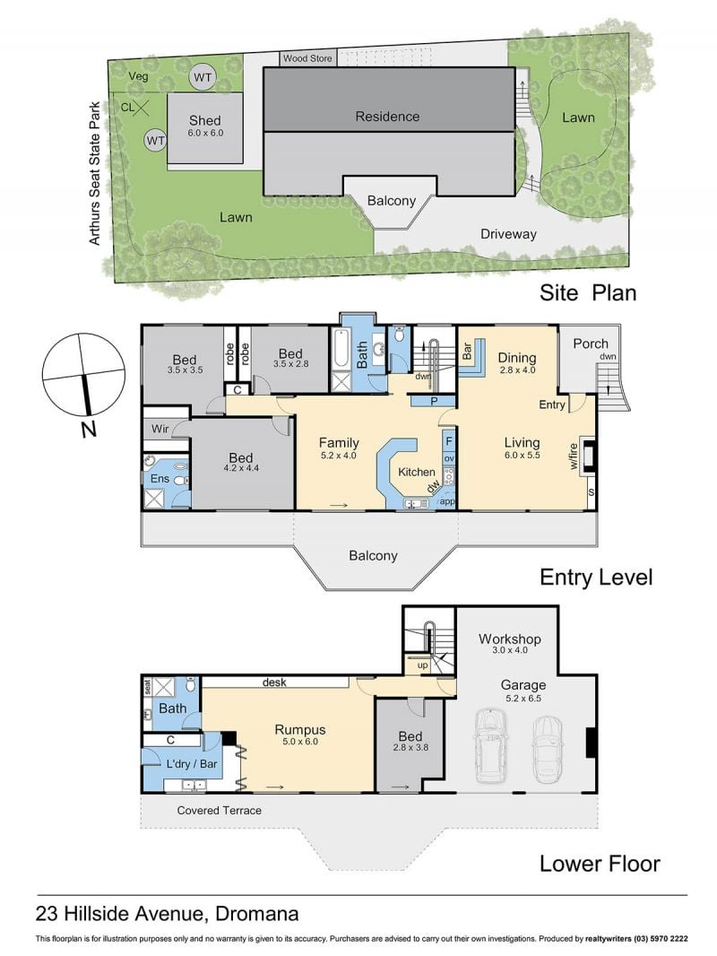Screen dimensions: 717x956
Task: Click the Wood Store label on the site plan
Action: [x=307, y=58]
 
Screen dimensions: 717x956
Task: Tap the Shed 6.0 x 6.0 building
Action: [x=205, y=128]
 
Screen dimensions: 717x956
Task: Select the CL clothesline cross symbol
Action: [x=142, y=109]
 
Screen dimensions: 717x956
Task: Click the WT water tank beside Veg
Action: [x=203, y=77]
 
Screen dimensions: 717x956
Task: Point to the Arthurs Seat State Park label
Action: [x=94, y=174]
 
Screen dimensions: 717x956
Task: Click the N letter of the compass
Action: [x=89, y=430]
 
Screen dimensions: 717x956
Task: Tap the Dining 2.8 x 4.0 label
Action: [x=517, y=362]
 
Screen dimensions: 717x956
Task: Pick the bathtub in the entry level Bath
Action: [x=340, y=351]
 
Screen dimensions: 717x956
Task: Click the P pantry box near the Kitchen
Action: [x=433, y=401]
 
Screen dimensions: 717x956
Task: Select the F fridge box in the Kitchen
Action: [x=449, y=441]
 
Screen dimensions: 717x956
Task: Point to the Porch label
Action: [x=591, y=343]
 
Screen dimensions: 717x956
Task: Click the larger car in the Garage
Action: [x=490, y=745]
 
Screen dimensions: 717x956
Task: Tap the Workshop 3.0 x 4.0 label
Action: [x=510, y=643]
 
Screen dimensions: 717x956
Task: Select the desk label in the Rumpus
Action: [x=274, y=682]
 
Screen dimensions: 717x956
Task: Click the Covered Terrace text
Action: [x=220, y=811]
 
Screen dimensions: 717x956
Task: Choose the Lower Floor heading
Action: [x=600, y=864]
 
